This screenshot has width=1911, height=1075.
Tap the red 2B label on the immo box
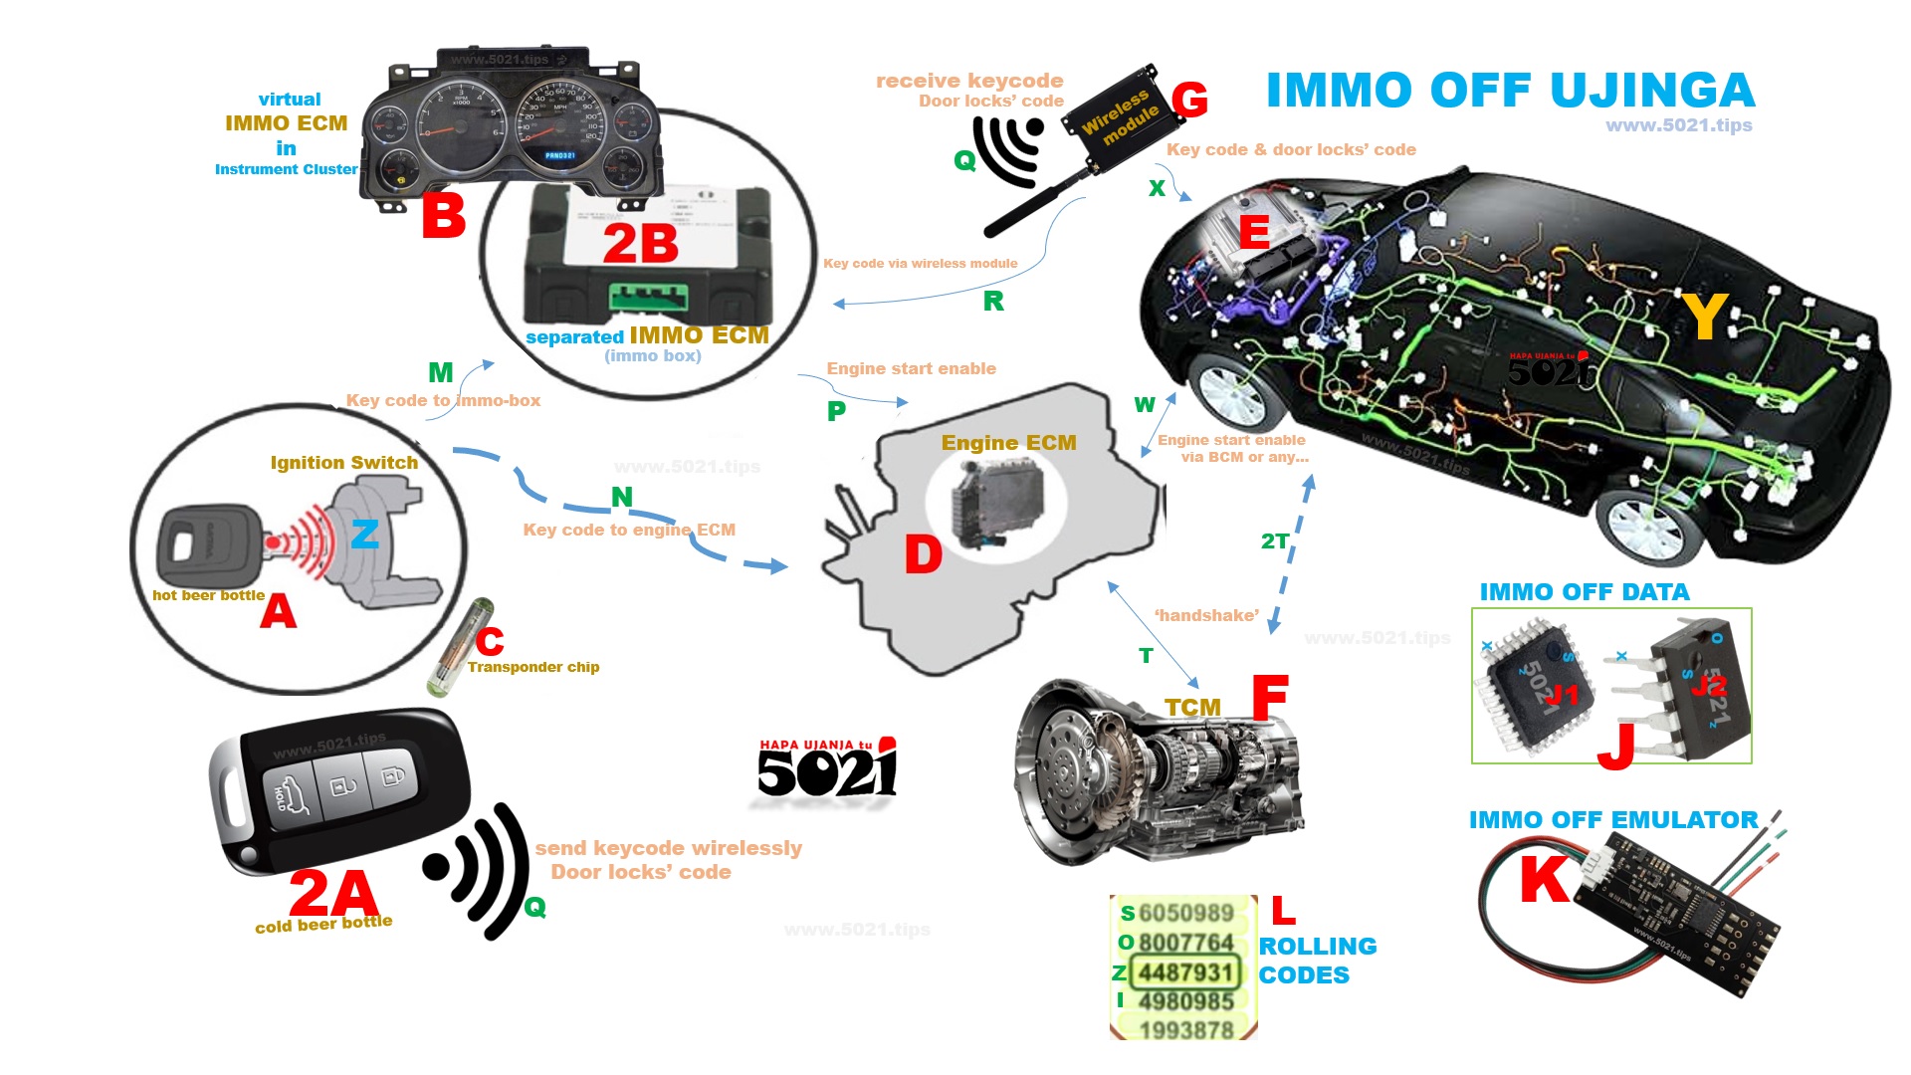pos(640,244)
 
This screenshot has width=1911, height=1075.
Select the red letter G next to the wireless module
pos(1189,101)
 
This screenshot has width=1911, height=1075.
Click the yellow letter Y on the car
pos(1704,317)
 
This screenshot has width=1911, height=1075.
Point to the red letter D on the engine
pos(923,554)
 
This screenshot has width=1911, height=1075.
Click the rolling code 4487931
pos(1185,971)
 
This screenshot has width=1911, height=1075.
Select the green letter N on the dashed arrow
pos(622,497)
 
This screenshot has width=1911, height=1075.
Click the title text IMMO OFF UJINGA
pos(1510,91)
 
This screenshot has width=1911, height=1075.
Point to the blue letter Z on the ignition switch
pos(364,535)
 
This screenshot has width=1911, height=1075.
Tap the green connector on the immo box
pos(648,296)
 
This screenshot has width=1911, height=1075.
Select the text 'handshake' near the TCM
pos(1206,615)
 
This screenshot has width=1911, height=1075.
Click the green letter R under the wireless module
pos(993,302)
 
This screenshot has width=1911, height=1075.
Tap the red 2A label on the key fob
pos(333,894)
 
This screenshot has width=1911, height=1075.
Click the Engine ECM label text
pos(1008,443)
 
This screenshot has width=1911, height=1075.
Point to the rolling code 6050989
pos(1185,913)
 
